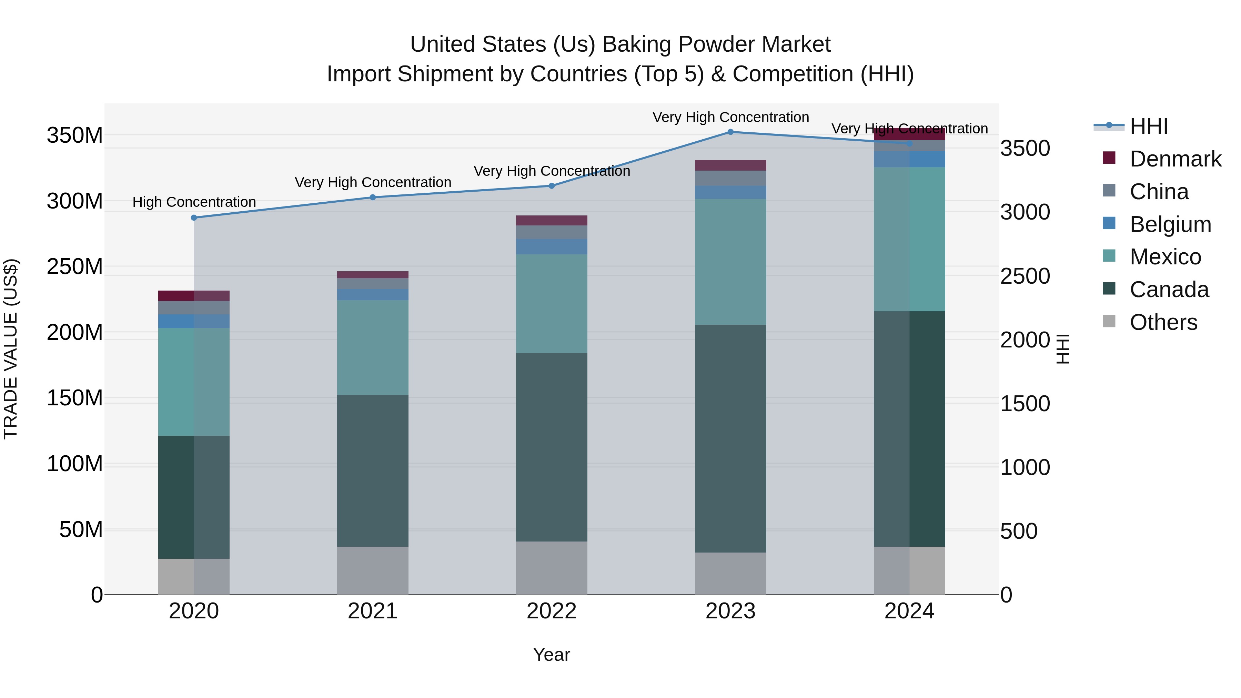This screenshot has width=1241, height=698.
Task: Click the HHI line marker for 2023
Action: click(x=730, y=132)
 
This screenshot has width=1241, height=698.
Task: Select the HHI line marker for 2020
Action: click(x=194, y=218)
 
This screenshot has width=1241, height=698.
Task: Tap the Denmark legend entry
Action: click(x=1175, y=159)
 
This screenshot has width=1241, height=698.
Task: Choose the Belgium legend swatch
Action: click(x=1109, y=223)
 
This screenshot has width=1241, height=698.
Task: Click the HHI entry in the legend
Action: click(x=1149, y=126)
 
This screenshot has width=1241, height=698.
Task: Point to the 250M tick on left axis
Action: click(x=75, y=266)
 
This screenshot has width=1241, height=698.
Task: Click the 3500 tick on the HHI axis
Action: click(x=1025, y=148)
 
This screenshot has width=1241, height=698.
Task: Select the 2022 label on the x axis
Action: click(x=552, y=611)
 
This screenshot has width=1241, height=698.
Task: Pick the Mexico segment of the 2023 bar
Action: click(x=730, y=262)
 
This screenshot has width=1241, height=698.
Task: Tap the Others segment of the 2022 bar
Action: click(x=552, y=568)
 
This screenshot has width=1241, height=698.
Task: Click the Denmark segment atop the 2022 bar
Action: click(x=552, y=221)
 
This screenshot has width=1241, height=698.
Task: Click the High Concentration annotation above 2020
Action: click(x=194, y=202)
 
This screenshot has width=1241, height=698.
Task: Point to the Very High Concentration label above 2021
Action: click(x=373, y=183)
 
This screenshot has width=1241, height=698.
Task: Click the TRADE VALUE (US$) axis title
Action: click(x=11, y=349)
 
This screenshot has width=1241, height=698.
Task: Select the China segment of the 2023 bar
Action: click(x=730, y=178)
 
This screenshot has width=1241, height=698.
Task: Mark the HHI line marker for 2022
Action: click(x=552, y=186)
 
